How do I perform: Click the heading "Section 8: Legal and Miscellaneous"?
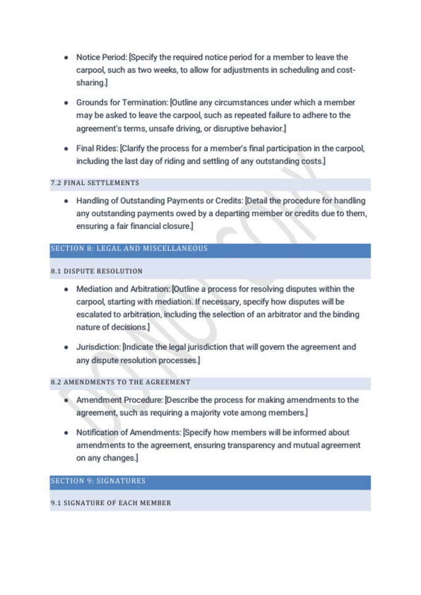129,249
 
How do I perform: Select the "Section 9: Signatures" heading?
98,482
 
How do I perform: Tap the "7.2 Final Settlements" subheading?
95,183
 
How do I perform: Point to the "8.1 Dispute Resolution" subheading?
97,271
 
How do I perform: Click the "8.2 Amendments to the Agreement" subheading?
120,382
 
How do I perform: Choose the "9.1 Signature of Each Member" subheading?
111,503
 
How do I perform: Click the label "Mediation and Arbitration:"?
124,289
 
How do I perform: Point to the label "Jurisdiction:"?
98,347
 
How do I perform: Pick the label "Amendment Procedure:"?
120,400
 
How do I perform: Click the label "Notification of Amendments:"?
129,432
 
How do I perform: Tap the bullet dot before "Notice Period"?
66,57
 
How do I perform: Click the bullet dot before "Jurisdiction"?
66,347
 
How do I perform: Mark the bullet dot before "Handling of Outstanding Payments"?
66,202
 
